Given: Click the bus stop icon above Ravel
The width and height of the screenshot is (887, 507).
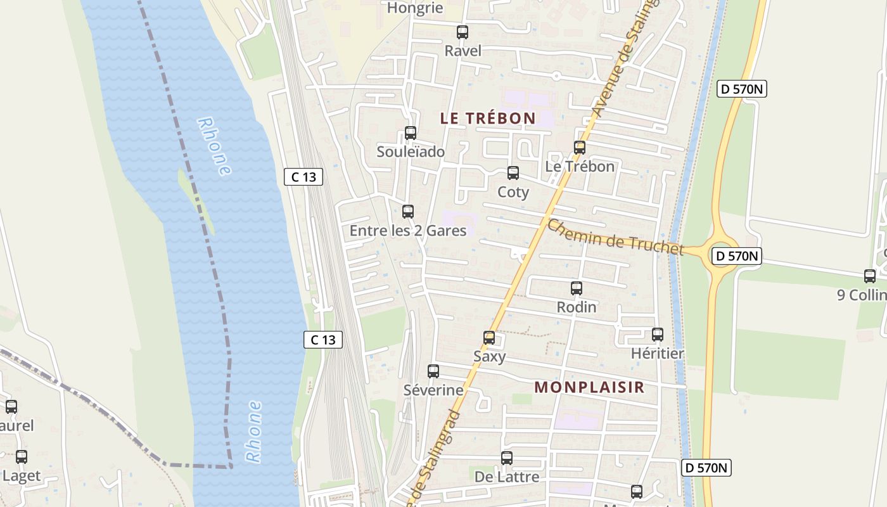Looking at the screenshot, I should [463, 32].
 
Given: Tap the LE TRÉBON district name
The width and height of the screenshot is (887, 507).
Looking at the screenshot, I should [488, 118].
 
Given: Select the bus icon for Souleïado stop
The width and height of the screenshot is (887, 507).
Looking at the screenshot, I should [411, 133].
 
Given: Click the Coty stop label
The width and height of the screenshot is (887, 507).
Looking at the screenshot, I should [513, 192].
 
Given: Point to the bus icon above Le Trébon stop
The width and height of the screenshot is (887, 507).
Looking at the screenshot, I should [579, 148].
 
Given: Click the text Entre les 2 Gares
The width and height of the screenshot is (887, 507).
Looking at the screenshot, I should [408, 231].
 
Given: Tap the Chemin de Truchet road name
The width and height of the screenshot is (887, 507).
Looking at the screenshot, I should [615, 237].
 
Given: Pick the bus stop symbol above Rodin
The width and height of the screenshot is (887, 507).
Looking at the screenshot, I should [577, 288].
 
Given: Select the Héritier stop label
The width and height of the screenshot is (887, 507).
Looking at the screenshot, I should [658, 354].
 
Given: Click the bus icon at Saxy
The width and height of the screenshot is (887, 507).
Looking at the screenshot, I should [489, 338].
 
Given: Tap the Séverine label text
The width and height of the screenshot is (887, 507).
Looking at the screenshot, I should [433, 390].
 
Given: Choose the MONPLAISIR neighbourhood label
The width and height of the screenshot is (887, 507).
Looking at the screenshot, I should [589, 387].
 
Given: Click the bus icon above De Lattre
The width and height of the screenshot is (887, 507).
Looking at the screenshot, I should [507, 458].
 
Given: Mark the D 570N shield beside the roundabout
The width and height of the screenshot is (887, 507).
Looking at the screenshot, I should [737, 256].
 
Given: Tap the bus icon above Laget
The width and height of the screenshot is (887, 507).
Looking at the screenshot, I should [22, 457].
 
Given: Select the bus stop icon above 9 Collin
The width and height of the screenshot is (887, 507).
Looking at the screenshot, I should [870, 276].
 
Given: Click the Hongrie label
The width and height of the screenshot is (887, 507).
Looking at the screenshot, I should [415, 8].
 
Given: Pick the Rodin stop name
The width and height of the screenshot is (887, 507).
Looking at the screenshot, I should [577, 307].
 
